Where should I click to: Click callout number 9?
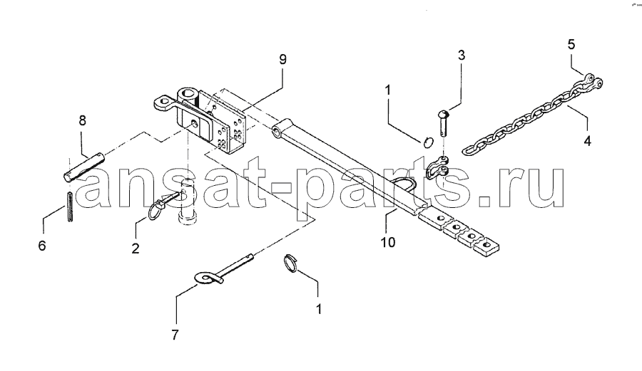[x=282, y=59]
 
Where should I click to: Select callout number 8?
[x=82, y=120]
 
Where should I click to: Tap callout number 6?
[x=42, y=246]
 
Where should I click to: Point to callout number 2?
[x=135, y=248]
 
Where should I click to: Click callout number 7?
[x=175, y=335]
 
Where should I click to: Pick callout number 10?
[x=388, y=242]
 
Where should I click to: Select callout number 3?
[x=462, y=55]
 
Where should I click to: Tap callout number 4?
[x=587, y=142]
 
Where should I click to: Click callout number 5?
[x=571, y=44]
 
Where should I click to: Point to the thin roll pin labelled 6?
[x=70, y=207]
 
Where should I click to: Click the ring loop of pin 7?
[x=205, y=278]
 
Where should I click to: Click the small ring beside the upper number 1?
[x=428, y=143]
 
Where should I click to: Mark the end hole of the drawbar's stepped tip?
[x=486, y=244]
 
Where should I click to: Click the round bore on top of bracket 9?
[x=189, y=93]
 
